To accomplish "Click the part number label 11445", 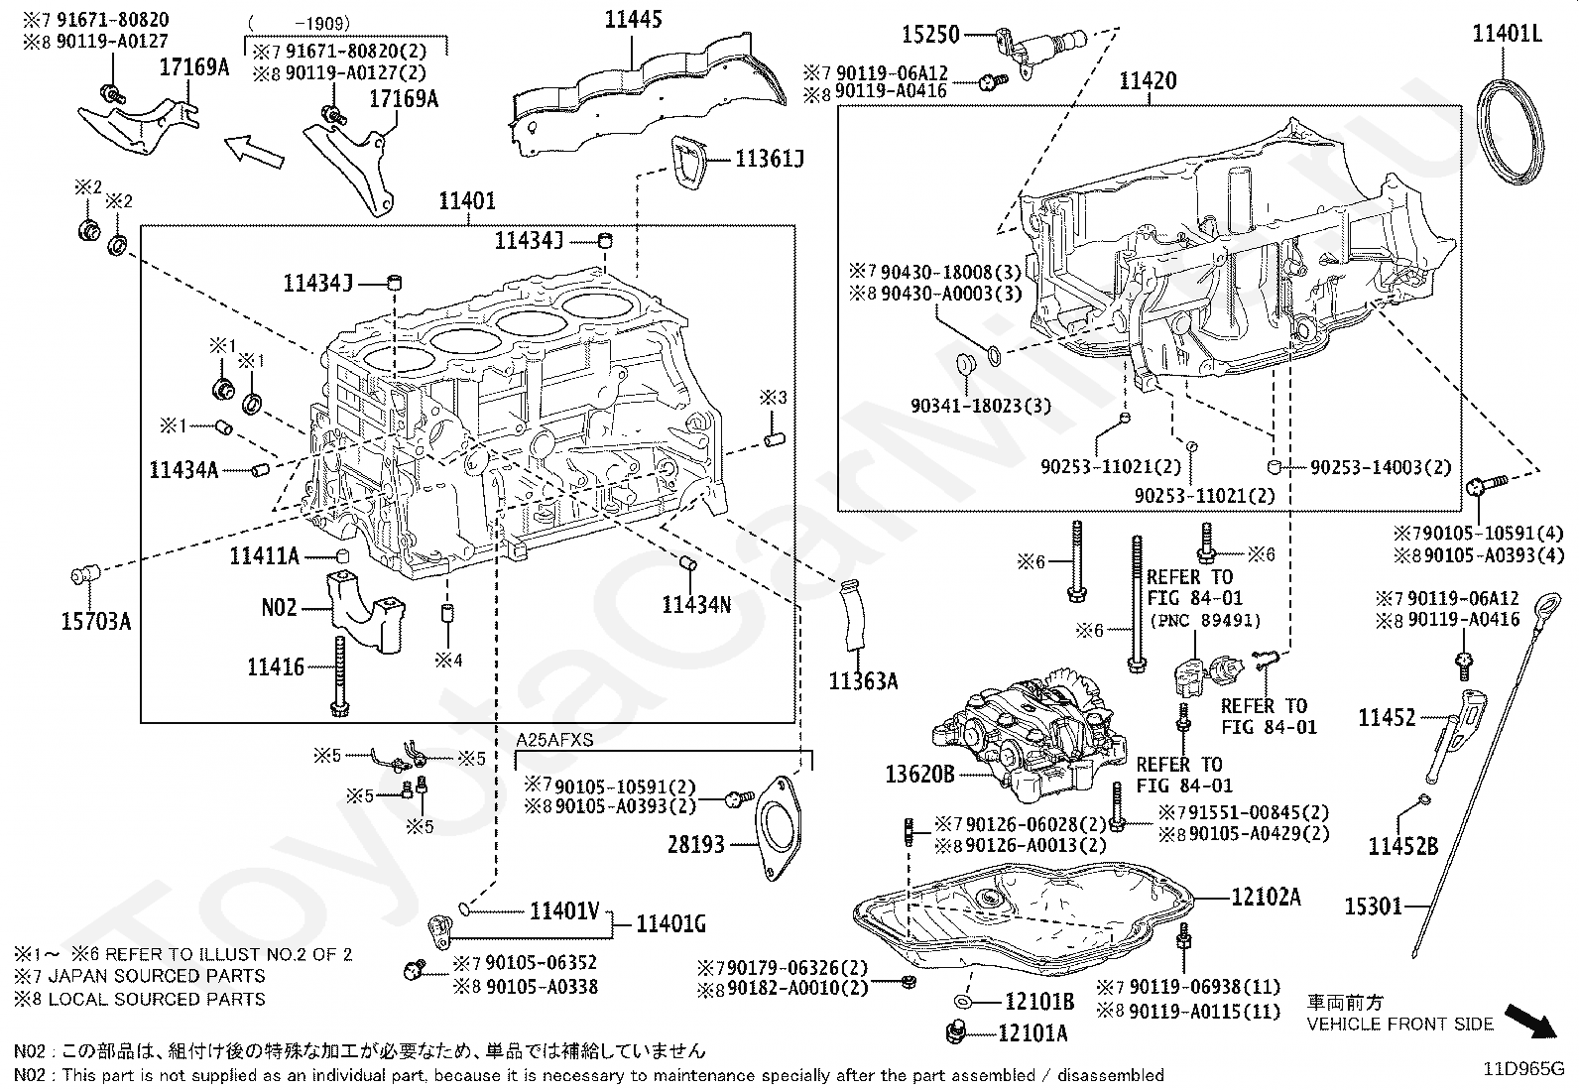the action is click(x=633, y=20).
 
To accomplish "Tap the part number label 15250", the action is click(x=930, y=34).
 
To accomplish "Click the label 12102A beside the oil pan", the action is click(x=1266, y=897).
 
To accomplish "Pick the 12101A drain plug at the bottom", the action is click(x=954, y=1031).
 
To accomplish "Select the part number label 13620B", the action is click(x=919, y=775).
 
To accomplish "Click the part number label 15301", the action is click(x=1373, y=906).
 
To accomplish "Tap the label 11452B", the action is click(x=1402, y=845).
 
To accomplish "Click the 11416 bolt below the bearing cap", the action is click(x=339, y=676).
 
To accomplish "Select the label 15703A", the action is click(x=96, y=622).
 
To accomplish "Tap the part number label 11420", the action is click(x=1148, y=81).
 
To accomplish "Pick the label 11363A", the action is click(x=863, y=681).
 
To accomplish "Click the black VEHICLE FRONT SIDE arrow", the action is click(x=1529, y=1021).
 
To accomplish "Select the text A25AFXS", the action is click(x=554, y=740).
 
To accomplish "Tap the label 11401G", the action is click(x=670, y=923).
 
